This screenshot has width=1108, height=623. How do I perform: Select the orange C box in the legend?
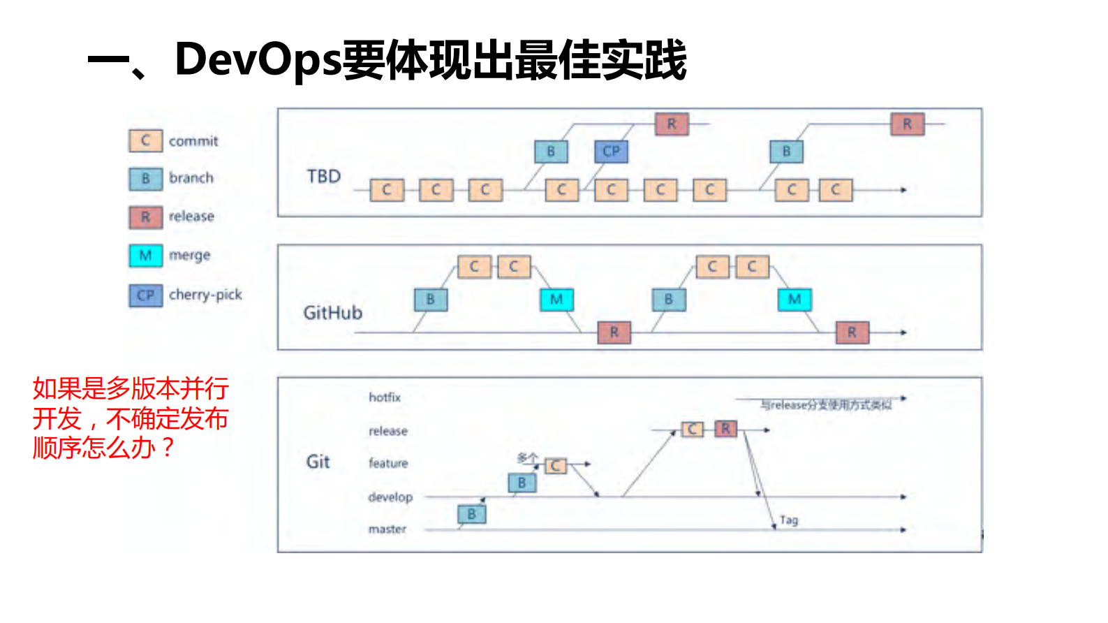145,140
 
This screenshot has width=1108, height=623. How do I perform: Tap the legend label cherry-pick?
205,295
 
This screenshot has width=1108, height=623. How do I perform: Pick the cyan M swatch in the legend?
145,256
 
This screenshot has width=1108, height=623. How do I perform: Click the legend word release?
191,217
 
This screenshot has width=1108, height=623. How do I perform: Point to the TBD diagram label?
323,177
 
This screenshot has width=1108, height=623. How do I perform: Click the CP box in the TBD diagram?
611,152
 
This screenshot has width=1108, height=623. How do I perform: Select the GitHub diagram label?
332,313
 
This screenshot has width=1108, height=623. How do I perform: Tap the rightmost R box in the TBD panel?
907,124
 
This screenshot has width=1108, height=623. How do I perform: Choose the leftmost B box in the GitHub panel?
430,300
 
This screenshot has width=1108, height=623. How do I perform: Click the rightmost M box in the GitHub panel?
795,300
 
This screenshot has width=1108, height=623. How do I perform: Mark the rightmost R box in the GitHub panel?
852,332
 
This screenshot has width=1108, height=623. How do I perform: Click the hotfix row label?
385,397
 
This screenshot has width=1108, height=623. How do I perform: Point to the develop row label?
390,497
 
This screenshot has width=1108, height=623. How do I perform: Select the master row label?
387,529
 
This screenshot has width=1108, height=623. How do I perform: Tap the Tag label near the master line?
789,520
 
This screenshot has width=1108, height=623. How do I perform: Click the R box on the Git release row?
725,429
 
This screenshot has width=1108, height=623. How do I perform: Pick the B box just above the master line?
471,515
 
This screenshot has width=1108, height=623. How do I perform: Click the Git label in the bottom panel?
318,462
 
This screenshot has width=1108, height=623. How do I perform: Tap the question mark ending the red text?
168,448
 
